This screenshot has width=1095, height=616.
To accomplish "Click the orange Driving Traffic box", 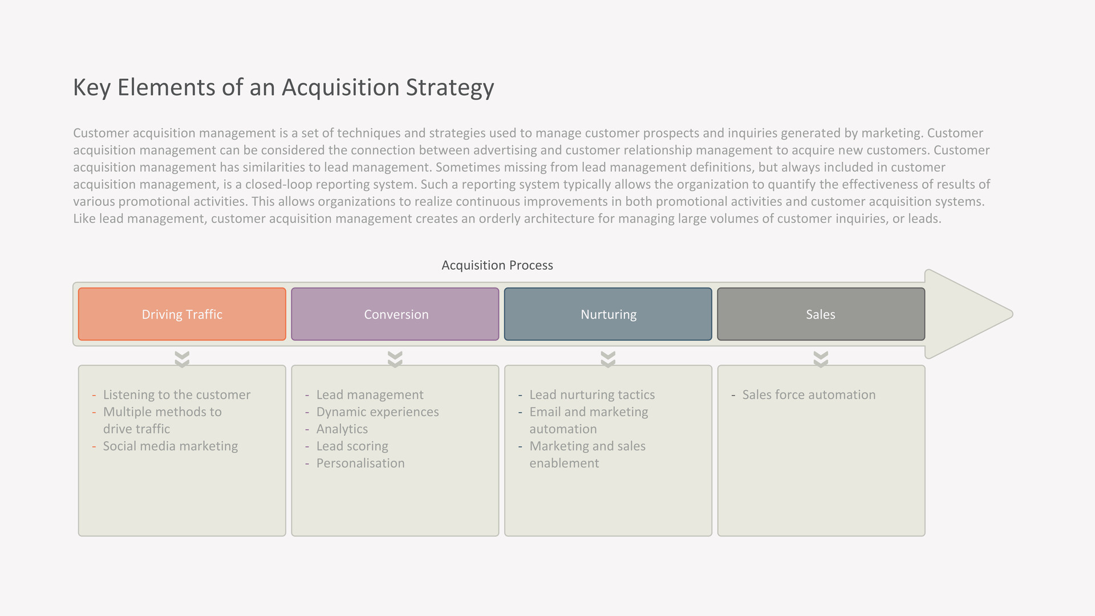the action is [182, 314].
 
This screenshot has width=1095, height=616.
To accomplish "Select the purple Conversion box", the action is [395, 314].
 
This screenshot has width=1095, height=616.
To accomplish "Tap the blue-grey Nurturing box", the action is [608, 314].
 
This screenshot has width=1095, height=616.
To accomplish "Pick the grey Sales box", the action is [821, 314].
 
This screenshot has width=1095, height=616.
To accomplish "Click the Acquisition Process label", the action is [497, 265].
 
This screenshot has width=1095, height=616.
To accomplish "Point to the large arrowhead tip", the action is [1012, 314].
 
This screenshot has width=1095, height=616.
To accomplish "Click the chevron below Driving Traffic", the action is [182, 359].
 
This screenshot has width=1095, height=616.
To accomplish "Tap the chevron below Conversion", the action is [395, 359].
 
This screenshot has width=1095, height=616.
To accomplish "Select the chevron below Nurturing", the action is [608, 359].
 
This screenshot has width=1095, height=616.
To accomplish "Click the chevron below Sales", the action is [821, 359].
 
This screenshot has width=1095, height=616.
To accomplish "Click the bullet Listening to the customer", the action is [177, 395].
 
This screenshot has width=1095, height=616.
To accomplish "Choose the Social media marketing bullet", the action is [171, 446].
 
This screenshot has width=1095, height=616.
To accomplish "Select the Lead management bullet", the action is [370, 395].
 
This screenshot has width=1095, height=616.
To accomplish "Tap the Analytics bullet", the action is [342, 429].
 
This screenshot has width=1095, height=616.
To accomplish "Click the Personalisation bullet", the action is [360, 463].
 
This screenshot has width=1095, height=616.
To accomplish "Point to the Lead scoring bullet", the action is [352, 446].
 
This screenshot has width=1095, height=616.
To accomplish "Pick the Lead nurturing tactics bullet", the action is [592, 395].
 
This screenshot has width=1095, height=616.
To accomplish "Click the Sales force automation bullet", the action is [809, 395].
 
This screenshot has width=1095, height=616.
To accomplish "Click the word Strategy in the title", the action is [450, 88].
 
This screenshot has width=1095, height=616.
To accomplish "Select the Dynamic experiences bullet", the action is [378, 412].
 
